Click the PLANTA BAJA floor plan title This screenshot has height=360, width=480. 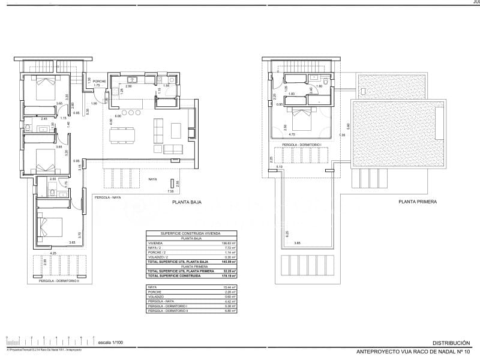[x=187, y=203]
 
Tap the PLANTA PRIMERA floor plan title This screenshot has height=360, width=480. [x=418, y=202]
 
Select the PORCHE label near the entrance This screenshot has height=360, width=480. [x=100, y=81]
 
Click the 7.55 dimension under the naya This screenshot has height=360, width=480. [x=170, y=191]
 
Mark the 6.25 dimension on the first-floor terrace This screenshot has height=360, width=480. [x=287, y=233]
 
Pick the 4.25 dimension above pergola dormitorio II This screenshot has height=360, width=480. [x=53, y=253]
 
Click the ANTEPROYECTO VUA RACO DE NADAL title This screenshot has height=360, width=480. [x=413, y=351]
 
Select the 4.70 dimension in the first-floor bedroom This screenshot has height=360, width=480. [x=292, y=135]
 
